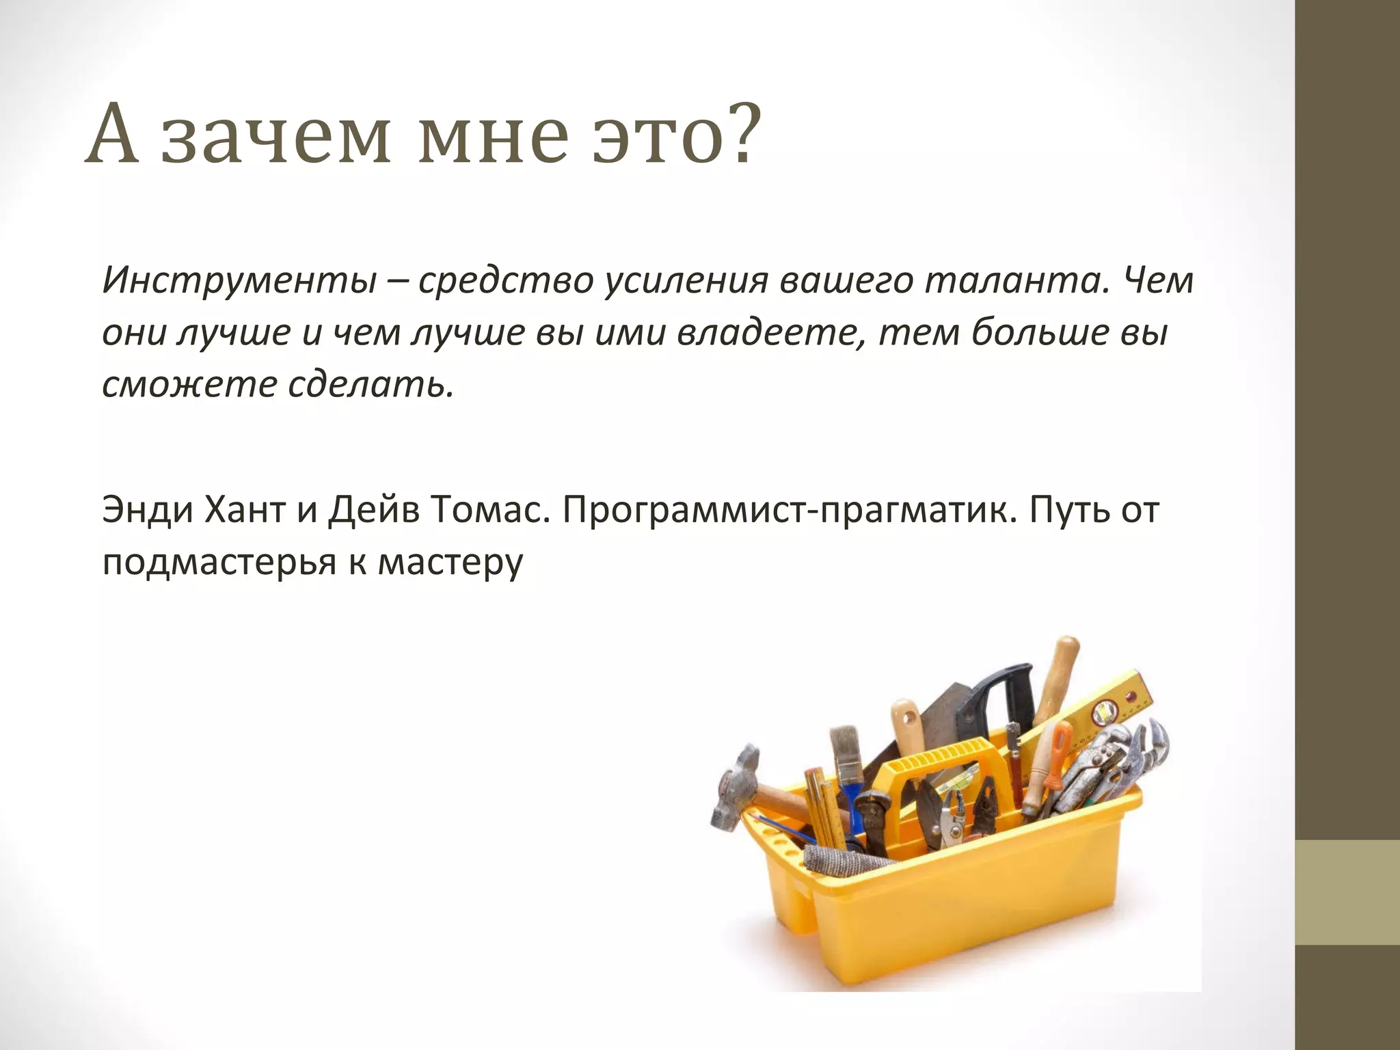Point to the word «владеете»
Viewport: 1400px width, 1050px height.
[x=770, y=333]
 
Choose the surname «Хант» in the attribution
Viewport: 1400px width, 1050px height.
[x=243, y=510]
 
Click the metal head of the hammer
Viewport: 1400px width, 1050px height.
[x=735, y=786]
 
